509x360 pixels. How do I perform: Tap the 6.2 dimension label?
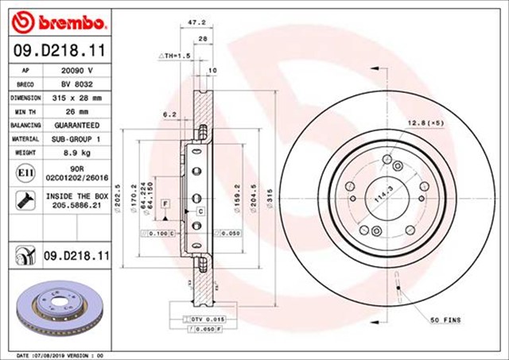[169, 114]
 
